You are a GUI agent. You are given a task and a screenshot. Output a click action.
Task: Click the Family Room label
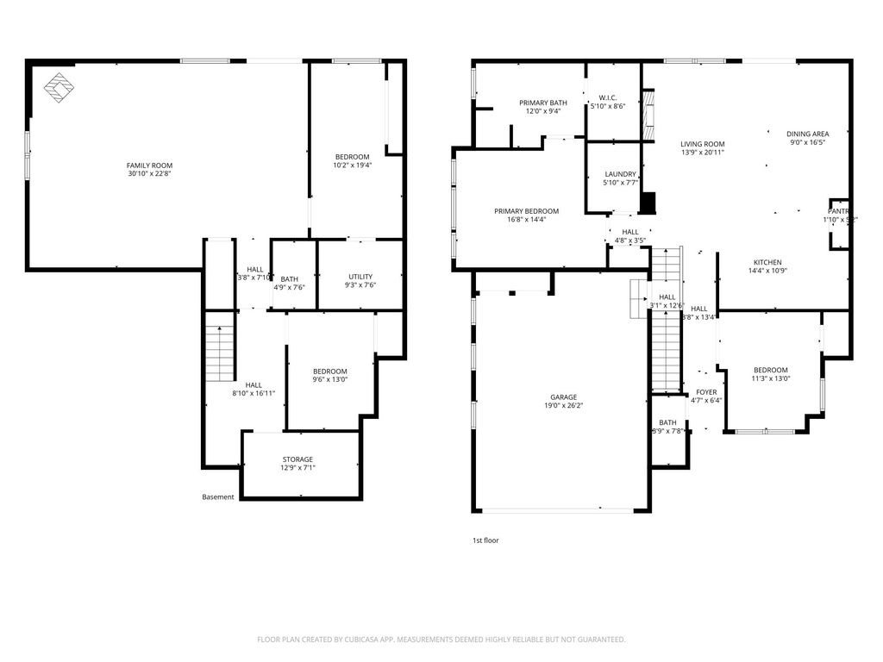pos(149,165)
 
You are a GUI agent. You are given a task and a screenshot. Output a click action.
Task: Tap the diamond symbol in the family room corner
pos(58,87)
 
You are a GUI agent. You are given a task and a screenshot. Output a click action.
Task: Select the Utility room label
pos(360,277)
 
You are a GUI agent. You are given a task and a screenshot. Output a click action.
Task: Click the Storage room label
pos(297,459)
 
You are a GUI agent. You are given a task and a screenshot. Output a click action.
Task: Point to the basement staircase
pos(220,353)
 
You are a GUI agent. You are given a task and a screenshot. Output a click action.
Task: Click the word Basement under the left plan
pos(217,496)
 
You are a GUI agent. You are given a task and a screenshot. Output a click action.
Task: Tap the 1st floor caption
pos(485,540)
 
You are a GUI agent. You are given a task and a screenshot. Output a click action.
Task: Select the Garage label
pos(565,398)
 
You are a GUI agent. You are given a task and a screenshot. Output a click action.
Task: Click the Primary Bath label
pos(543,103)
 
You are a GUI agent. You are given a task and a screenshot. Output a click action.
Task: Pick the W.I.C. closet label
pos(608,97)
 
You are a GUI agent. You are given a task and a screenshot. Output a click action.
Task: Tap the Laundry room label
pos(620,174)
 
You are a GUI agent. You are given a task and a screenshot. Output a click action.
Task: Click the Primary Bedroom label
pos(526,211)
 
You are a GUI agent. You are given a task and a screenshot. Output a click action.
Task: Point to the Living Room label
pos(702,145)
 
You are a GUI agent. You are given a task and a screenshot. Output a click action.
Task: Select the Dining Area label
pos(808,134)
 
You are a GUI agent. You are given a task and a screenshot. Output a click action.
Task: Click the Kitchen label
pos(767,262)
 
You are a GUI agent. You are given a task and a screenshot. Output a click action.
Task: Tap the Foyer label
pos(706,392)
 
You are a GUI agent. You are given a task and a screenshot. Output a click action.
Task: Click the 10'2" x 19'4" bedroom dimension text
pos(352,165)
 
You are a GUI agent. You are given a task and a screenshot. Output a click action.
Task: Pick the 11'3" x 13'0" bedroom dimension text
pos(770,378)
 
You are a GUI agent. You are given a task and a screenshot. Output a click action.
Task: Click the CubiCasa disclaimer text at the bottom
pos(441,640)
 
